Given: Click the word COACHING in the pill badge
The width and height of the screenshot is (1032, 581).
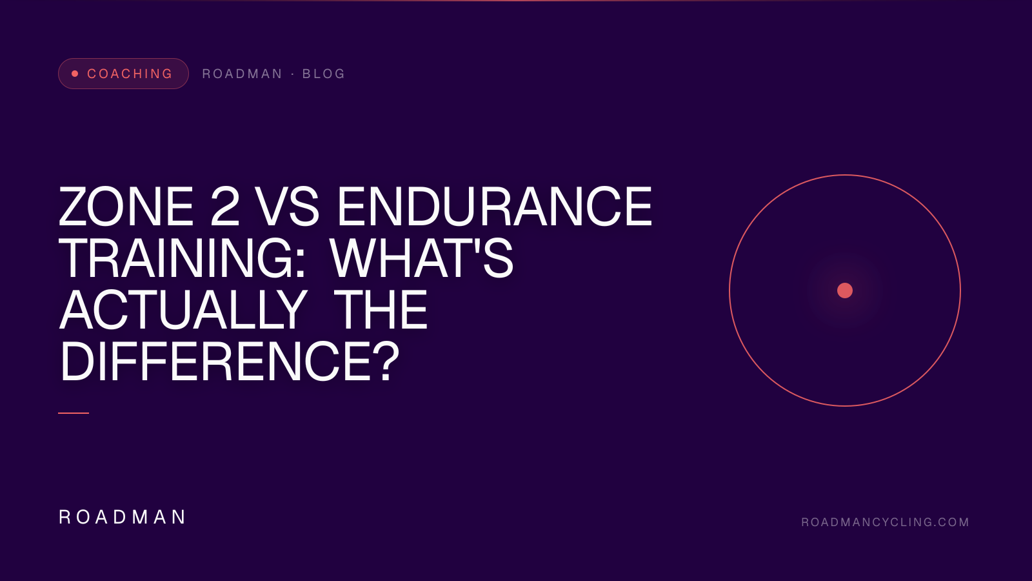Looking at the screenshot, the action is [x=130, y=74].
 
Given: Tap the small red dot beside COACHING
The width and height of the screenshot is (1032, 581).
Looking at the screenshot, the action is [x=75, y=74].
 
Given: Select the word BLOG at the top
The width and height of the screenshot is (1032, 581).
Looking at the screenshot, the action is [x=323, y=74].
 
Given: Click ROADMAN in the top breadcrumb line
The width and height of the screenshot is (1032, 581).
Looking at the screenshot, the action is [x=242, y=74].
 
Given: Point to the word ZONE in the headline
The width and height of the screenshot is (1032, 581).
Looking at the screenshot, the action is [x=126, y=206].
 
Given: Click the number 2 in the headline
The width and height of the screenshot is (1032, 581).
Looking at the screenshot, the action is [x=225, y=206].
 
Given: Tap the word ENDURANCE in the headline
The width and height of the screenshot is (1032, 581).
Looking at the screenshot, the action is [x=495, y=206].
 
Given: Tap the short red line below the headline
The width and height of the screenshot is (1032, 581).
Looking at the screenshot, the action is [x=74, y=413].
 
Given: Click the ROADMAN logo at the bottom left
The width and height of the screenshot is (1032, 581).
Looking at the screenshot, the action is [x=122, y=517].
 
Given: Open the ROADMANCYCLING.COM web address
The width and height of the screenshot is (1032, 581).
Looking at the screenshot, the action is [x=885, y=522].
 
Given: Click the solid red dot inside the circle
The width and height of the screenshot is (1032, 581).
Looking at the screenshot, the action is [x=845, y=290].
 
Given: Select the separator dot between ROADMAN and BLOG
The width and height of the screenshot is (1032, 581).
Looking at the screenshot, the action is [x=293, y=74].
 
